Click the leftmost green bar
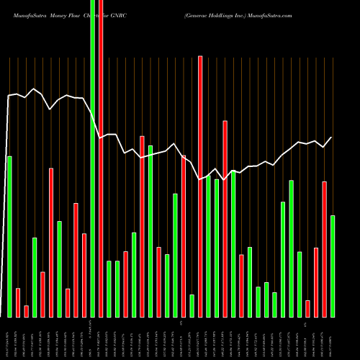[9, 236]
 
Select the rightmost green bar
[332, 266]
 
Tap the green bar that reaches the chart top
[92, 158]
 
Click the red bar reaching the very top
[101, 158]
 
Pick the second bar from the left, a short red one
[18, 302]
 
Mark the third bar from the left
[26, 311]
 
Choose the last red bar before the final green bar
[324, 249]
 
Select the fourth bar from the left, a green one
[35, 277]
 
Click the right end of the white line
[332, 138]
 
